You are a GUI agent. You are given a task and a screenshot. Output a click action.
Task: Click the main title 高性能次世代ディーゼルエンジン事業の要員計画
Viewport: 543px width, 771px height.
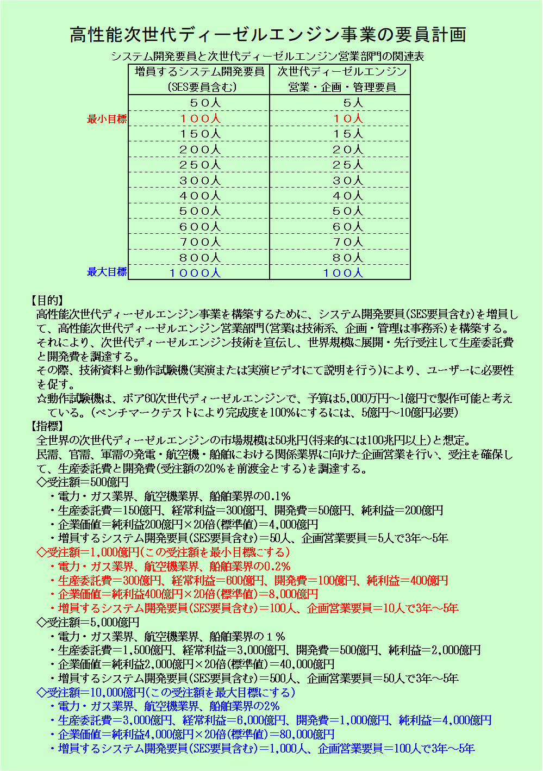tap(268, 35)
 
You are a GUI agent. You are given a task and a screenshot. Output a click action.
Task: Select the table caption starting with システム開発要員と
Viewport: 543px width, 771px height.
tap(267, 57)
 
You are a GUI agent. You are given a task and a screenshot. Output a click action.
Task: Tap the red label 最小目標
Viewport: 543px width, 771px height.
tap(107, 119)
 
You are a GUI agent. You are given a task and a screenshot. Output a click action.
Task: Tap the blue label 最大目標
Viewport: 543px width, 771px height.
tap(107, 272)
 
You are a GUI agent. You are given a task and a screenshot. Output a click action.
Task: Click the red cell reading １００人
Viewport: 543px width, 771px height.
tap(199, 119)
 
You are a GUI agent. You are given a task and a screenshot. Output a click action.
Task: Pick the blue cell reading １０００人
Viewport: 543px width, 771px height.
tap(195, 273)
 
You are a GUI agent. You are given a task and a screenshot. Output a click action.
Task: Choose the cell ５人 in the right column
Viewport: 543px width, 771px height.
tap(352, 103)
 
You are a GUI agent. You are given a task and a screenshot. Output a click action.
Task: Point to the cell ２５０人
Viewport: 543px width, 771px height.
tap(199, 165)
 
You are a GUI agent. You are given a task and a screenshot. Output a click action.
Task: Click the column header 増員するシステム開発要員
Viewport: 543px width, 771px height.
tap(199, 72)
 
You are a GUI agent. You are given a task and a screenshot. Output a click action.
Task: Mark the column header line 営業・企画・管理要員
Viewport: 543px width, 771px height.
tap(342, 87)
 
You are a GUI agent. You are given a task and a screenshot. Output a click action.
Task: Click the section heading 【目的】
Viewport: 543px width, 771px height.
tap(47, 300)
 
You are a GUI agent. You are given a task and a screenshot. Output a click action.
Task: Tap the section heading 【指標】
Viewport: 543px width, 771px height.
tap(47, 426)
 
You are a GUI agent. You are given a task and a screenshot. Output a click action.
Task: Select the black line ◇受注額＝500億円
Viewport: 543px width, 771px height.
tap(82, 482)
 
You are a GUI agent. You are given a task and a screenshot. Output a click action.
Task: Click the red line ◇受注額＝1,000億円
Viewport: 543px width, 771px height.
tap(163, 552)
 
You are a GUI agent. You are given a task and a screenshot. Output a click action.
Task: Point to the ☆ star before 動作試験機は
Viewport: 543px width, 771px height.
tap(41, 399)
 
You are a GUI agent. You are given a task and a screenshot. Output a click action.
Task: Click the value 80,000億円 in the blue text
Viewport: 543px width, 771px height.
tap(307, 735)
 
